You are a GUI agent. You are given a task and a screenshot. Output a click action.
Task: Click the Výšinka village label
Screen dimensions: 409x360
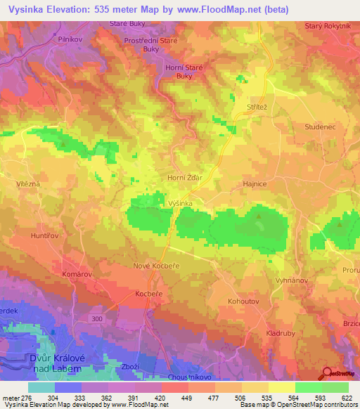tap(181, 202)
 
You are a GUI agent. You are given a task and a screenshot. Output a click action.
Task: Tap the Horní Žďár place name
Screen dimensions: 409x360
tap(184, 178)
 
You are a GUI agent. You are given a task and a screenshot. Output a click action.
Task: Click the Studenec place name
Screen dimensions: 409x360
tap(302, 127)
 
